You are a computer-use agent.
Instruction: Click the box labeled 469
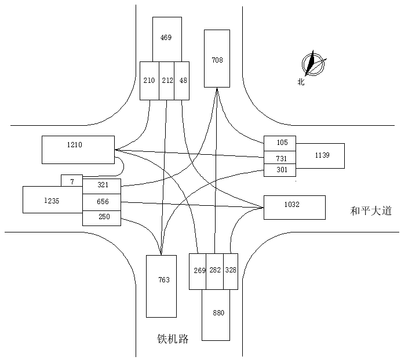[x=166, y=38]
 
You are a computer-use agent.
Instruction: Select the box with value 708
[x=217, y=59]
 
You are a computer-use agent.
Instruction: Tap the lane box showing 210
[x=149, y=80]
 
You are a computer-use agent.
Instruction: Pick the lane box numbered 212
[x=167, y=80]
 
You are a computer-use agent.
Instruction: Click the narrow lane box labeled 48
[x=183, y=80]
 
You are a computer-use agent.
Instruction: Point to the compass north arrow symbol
[x=313, y=64]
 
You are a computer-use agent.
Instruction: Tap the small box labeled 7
[x=72, y=181]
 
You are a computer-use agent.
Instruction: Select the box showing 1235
[x=52, y=200]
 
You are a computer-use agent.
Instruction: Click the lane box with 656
[x=102, y=201]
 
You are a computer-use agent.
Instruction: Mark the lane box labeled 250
[x=102, y=217]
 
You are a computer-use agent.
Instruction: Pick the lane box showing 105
[x=280, y=143]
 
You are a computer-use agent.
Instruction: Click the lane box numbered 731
[x=280, y=157]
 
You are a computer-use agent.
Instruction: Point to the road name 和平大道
[x=371, y=211]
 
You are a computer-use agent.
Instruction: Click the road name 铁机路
[x=173, y=339]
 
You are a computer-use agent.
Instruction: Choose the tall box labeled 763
[x=161, y=286]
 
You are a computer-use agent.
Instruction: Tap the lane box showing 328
[x=231, y=271]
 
